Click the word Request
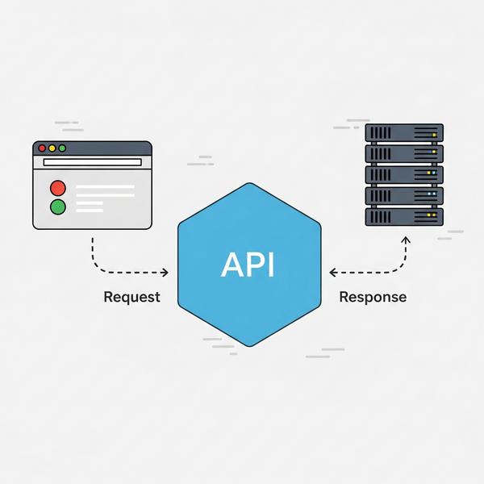[x=132, y=297]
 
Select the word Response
[x=373, y=297]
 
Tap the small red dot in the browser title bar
[x=42, y=148]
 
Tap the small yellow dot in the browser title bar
[x=52, y=148]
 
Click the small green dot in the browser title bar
[x=63, y=148]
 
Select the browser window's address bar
[x=92, y=163]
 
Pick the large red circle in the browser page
[x=58, y=188]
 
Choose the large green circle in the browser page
[x=58, y=207]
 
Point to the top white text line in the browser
[x=105, y=187]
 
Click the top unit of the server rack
[x=404, y=132]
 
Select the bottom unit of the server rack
[x=404, y=216]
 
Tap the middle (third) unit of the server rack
[x=404, y=174]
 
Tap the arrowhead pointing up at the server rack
[x=406, y=240]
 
